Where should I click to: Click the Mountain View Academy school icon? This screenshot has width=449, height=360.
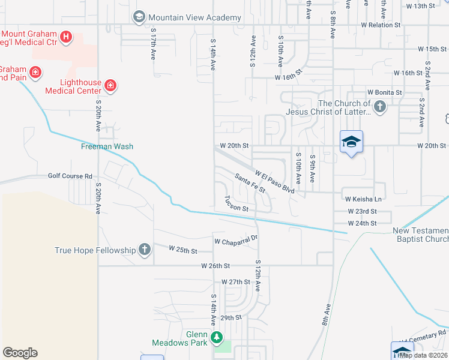click(139, 17)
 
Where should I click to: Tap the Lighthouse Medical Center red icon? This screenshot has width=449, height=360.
click(110, 86)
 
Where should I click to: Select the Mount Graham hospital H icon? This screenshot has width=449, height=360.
click(66, 37)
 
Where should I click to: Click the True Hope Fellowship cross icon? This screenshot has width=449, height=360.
click(144, 250)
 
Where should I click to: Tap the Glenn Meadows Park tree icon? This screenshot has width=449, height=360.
click(216, 338)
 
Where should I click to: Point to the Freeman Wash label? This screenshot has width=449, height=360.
click(107, 146)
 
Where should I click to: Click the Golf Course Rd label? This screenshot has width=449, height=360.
click(71, 176)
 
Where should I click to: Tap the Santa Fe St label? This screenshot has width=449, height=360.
click(250, 184)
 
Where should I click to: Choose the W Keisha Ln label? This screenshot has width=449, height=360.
click(363, 199)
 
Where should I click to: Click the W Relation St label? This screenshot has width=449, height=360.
click(384, 26)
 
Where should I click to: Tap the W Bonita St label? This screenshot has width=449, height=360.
click(384, 93)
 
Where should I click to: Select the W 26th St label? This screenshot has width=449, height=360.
click(215, 265)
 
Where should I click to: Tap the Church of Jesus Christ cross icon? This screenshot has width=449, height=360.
click(379, 107)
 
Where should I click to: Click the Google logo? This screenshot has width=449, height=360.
click(20, 353)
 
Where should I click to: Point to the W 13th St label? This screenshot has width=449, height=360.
click(420, 6)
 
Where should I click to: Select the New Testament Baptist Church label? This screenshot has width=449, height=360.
click(420, 235)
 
